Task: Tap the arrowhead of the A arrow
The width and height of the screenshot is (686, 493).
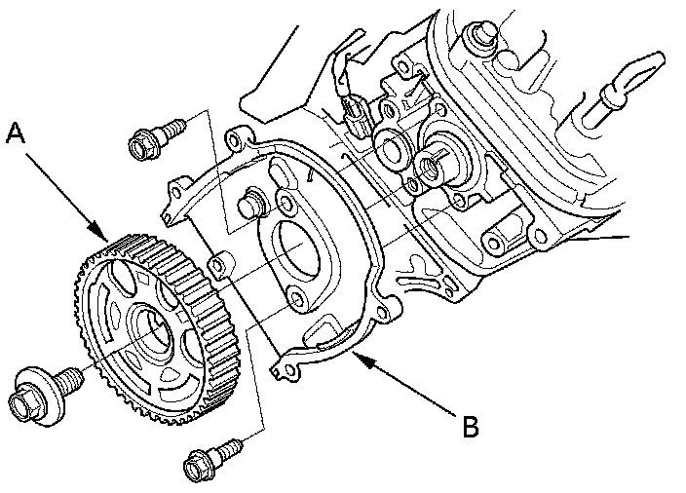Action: click(106, 237)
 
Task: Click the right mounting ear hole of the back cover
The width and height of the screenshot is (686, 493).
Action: click(390, 311)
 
